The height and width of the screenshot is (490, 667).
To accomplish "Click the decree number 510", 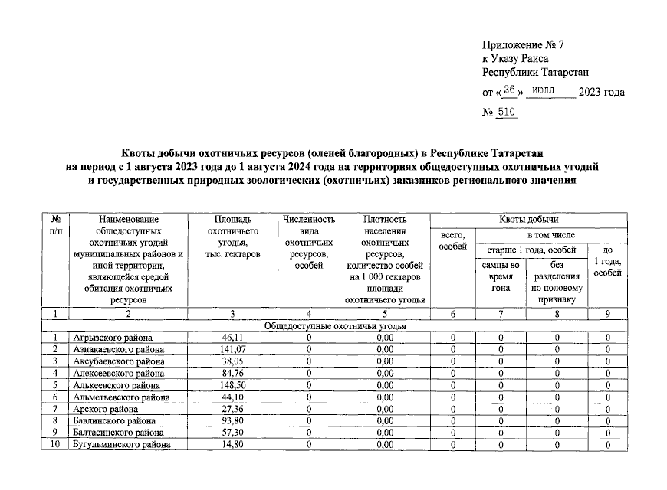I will point(507,112).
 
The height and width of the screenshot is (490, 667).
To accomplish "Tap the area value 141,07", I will point(228,349).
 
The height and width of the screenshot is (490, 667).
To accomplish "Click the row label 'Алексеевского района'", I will point(119,374).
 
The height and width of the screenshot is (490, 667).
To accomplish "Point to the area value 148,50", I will point(228,385).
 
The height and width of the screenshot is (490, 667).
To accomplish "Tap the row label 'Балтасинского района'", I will point(118,433).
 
